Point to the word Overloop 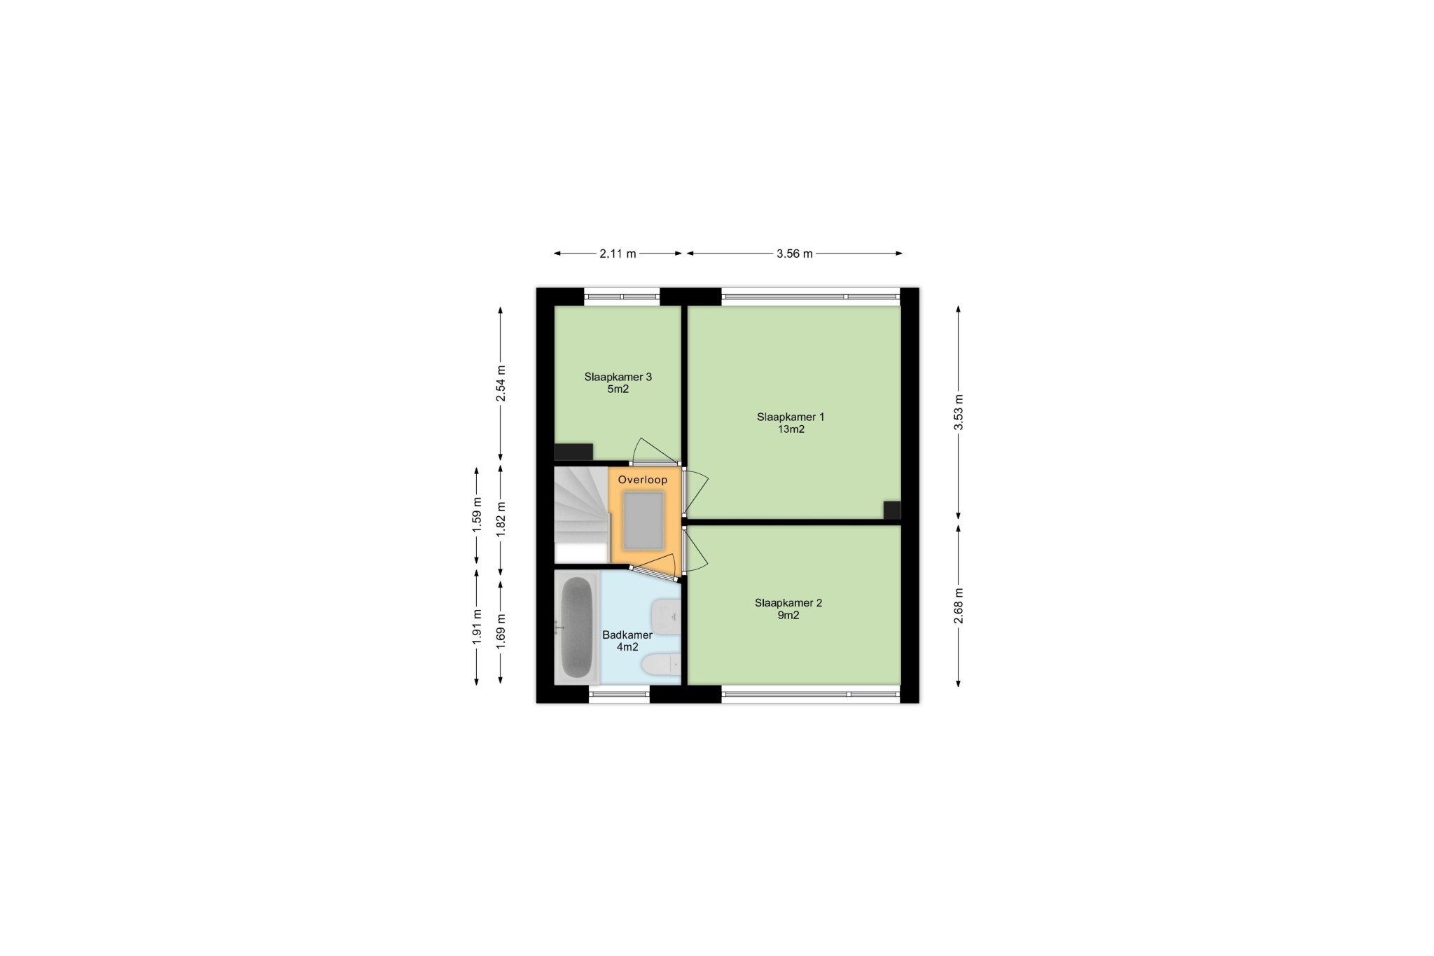[643, 480]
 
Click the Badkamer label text [627, 635]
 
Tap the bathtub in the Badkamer [577, 628]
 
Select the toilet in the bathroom [661, 664]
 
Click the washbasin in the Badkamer [666, 616]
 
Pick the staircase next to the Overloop [581, 515]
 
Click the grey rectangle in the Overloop [643, 520]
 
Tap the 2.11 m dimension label [618, 254]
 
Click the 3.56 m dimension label [795, 254]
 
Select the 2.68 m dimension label [959, 605]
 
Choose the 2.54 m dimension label [501, 384]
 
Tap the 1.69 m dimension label [501, 631]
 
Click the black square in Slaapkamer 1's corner [891, 510]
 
